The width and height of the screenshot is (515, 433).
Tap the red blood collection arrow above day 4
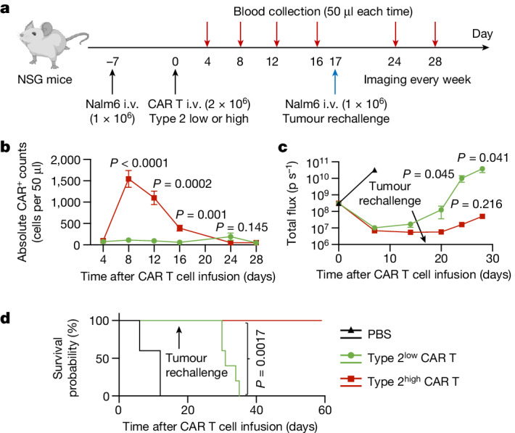(207, 34)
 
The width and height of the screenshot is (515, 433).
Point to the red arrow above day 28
(435, 34)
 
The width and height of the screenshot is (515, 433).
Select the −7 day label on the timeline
(112, 62)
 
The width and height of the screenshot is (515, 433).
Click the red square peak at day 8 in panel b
(129, 179)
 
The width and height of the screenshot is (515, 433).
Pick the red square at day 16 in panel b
(180, 228)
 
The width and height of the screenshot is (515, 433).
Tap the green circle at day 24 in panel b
(231, 236)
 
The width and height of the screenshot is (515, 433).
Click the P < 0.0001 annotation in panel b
(139, 163)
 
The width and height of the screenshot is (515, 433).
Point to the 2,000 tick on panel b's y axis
(66, 160)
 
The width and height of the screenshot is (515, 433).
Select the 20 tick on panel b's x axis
(205, 260)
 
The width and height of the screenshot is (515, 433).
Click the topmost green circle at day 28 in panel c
(482, 169)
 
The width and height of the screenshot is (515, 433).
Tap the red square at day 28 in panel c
(482, 216)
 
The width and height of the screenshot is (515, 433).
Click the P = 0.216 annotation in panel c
(477, 204)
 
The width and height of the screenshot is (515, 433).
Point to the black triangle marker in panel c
(374, 170)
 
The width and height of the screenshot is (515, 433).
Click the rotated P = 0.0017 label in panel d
(260, 359)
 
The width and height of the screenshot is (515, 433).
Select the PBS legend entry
(366, 334)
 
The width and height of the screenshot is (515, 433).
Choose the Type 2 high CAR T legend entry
(400, 381)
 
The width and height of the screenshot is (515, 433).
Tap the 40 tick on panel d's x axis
(256, 410)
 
